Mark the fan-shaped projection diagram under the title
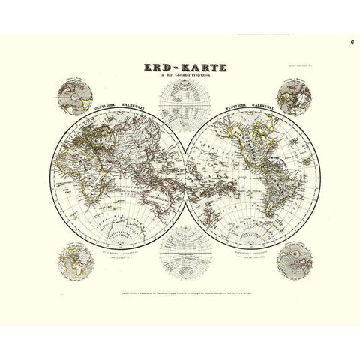coord(181,97)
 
